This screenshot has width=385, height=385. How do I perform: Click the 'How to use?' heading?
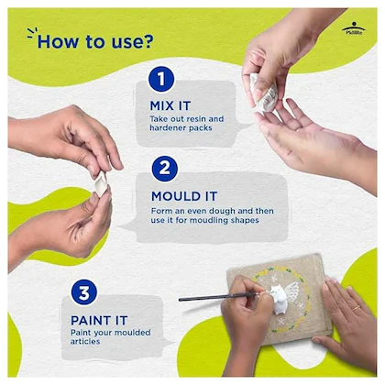point(95,41)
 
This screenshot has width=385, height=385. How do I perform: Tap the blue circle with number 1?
point(161,79)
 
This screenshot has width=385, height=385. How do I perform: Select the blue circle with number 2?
point(165,169)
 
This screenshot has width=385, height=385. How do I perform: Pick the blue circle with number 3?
point(84,292)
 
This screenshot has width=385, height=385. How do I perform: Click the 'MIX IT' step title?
point(170,106)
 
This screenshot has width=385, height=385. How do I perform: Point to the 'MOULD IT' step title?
point(184,196)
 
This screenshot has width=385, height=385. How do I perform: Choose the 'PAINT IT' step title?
point(99,321)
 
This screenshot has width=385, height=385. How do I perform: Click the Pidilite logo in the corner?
point(354,28)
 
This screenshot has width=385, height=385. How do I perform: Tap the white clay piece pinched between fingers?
point(101,183)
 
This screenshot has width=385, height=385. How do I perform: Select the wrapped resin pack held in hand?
point(264,93)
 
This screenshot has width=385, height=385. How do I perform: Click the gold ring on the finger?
point(357,308)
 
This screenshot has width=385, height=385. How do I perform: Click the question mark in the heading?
point(148,41)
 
